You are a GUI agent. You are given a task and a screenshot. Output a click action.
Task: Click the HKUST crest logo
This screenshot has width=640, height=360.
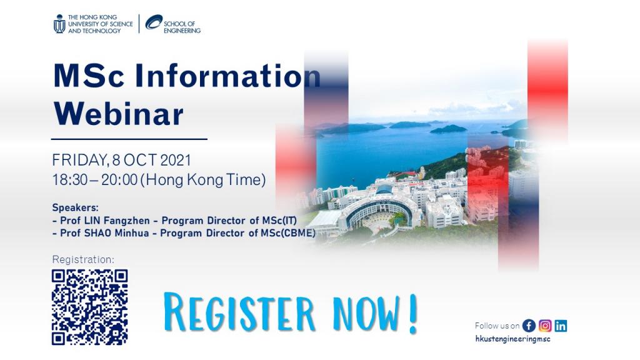pyautogui.click(x=59, y=24)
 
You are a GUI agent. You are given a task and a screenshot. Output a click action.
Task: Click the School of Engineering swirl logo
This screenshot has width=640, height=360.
pyautogui.click(x=154, y=22)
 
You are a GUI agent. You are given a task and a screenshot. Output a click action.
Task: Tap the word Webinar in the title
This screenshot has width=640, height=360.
pyautogui.click(x=118, y=114)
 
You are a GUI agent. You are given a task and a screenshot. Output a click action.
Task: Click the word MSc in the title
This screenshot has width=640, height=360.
pyautogui.click(x=89, y=76)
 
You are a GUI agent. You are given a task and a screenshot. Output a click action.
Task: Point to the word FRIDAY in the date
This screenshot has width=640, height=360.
pyautogui.click(x=81, y=160)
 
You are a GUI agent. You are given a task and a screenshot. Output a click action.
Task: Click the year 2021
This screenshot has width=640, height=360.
pyautogui.click(x=176, y=160)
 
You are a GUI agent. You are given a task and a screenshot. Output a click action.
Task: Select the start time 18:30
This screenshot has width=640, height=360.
pyautogui.click(x=70, y=179)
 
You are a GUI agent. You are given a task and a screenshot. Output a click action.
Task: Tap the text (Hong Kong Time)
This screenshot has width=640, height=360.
pyautogui.click(x=203, y=179)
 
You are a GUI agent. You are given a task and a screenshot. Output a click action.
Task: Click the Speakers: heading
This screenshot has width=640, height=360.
pyautogui.click(x=76, y=207)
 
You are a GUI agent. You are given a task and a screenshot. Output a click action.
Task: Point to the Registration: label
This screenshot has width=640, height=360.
pyautogui.click(x=83, y=259)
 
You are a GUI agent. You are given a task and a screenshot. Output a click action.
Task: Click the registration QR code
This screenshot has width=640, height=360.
pyautogui.click(x=90, y=307)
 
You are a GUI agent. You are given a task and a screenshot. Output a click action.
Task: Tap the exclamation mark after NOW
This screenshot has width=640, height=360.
pyautogui.click(x=413, y=314)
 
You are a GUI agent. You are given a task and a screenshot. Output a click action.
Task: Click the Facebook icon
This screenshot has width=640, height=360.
pyautogui.click(x=529, y=326)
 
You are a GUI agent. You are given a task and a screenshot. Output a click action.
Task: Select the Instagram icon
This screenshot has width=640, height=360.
pyautogui.click(x=545, y=326)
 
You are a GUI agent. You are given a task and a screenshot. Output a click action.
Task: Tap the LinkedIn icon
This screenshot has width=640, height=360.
pyautogui.click(x=561, y=326)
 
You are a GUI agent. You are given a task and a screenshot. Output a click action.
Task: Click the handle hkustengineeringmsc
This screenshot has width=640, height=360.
pyautogui.click(x=513, y=339)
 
